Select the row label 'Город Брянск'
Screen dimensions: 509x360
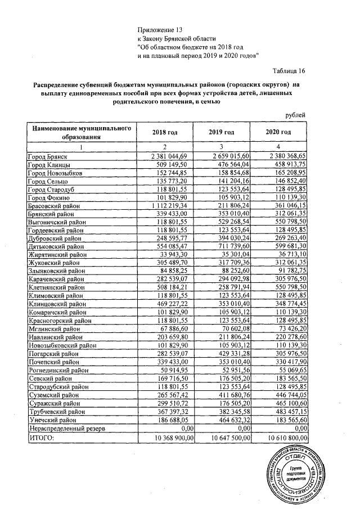[48, 155]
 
